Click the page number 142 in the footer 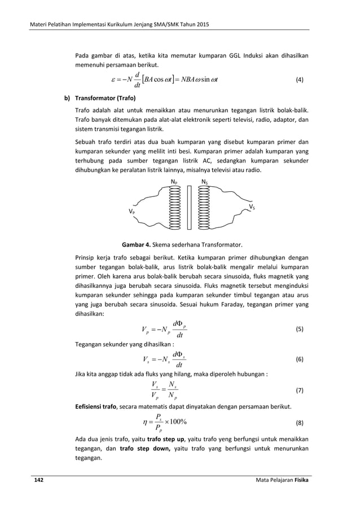(x=38, y=480)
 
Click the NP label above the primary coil (x=174, y=181)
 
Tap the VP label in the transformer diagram (x=131, y=212)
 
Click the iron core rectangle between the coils (x=190, y=207)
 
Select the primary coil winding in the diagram (x=174, y=207)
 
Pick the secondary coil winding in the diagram (x=204, y=207)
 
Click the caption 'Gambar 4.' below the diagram (x=137, y=245)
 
